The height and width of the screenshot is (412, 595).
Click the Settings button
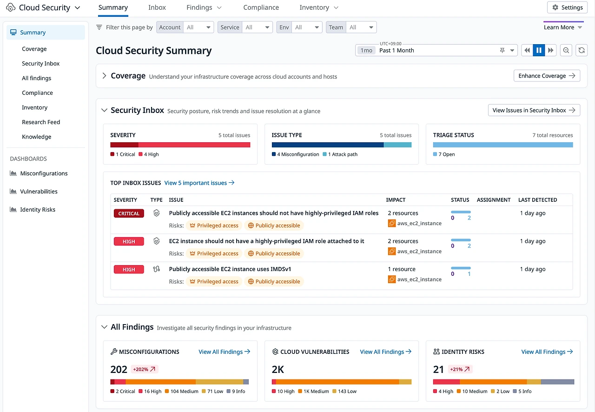click(x=567, y=7)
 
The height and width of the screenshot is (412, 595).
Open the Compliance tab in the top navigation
click(x=261, y=7)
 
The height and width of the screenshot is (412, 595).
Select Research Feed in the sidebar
click(x=41, y=122)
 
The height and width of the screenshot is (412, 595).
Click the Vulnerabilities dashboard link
click(x=39, y=191)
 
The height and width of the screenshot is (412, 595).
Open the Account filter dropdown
click(x=199, y=27)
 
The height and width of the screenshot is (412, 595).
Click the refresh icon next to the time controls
click(x=581, y=50)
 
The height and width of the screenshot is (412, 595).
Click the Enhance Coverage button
click(x=547, y=76)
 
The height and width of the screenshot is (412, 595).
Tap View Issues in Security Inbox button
click(x=534, y=110)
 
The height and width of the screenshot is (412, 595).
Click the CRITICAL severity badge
click(x=129, y=213)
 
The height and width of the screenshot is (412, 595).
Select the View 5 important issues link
click(x=199, y=183)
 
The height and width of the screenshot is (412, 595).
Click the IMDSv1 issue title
click(x=230, y=269)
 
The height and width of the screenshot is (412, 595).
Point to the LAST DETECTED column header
click(x=537, y=200)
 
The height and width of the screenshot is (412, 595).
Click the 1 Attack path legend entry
click(x=342, y=154)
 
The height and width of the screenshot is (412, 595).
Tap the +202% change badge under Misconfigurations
click(x=145, y=369)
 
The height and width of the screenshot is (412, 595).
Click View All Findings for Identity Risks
click(x=547, y=352)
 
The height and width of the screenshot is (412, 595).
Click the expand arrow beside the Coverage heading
click(x=104, y=76)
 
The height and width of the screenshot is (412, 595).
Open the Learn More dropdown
click(x=563, y=27)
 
